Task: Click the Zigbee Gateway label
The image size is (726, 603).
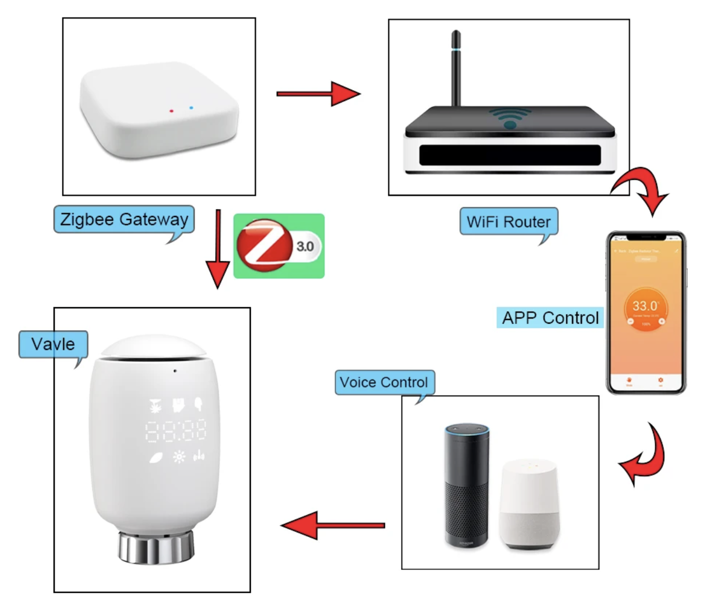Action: (124, 220)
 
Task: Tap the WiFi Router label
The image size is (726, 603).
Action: (508, 222)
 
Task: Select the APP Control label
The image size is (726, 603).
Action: (550, 318)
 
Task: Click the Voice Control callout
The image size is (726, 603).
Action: (384, 382)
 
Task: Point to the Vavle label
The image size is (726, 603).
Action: (53, 344)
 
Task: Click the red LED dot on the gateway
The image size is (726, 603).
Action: (171, 111)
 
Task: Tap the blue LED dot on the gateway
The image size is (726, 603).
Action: (191, 108)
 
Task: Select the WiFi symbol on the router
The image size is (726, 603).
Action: (510, 118)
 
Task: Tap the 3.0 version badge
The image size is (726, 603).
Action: (305, 246)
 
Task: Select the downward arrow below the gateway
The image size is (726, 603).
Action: (218, 247)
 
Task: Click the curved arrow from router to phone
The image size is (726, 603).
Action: (641, 188)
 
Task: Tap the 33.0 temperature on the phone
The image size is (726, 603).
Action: (645, 306)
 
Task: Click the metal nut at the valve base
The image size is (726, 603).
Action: (156, 547)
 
